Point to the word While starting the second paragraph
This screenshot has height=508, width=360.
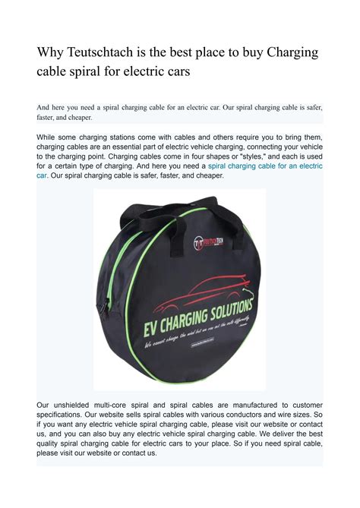point(50,137)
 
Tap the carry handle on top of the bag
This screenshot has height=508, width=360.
point(179,199)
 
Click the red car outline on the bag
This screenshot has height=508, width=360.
point(191,284)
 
